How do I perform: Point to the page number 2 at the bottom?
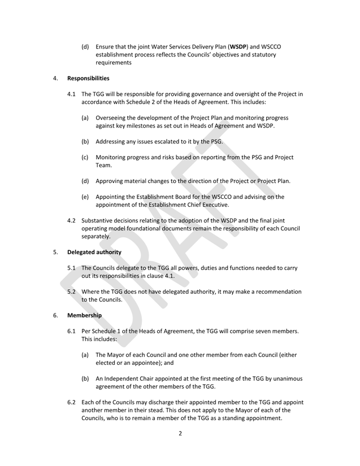click(x=180, y=449)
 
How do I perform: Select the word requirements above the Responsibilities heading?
click(x=117, y=63)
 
